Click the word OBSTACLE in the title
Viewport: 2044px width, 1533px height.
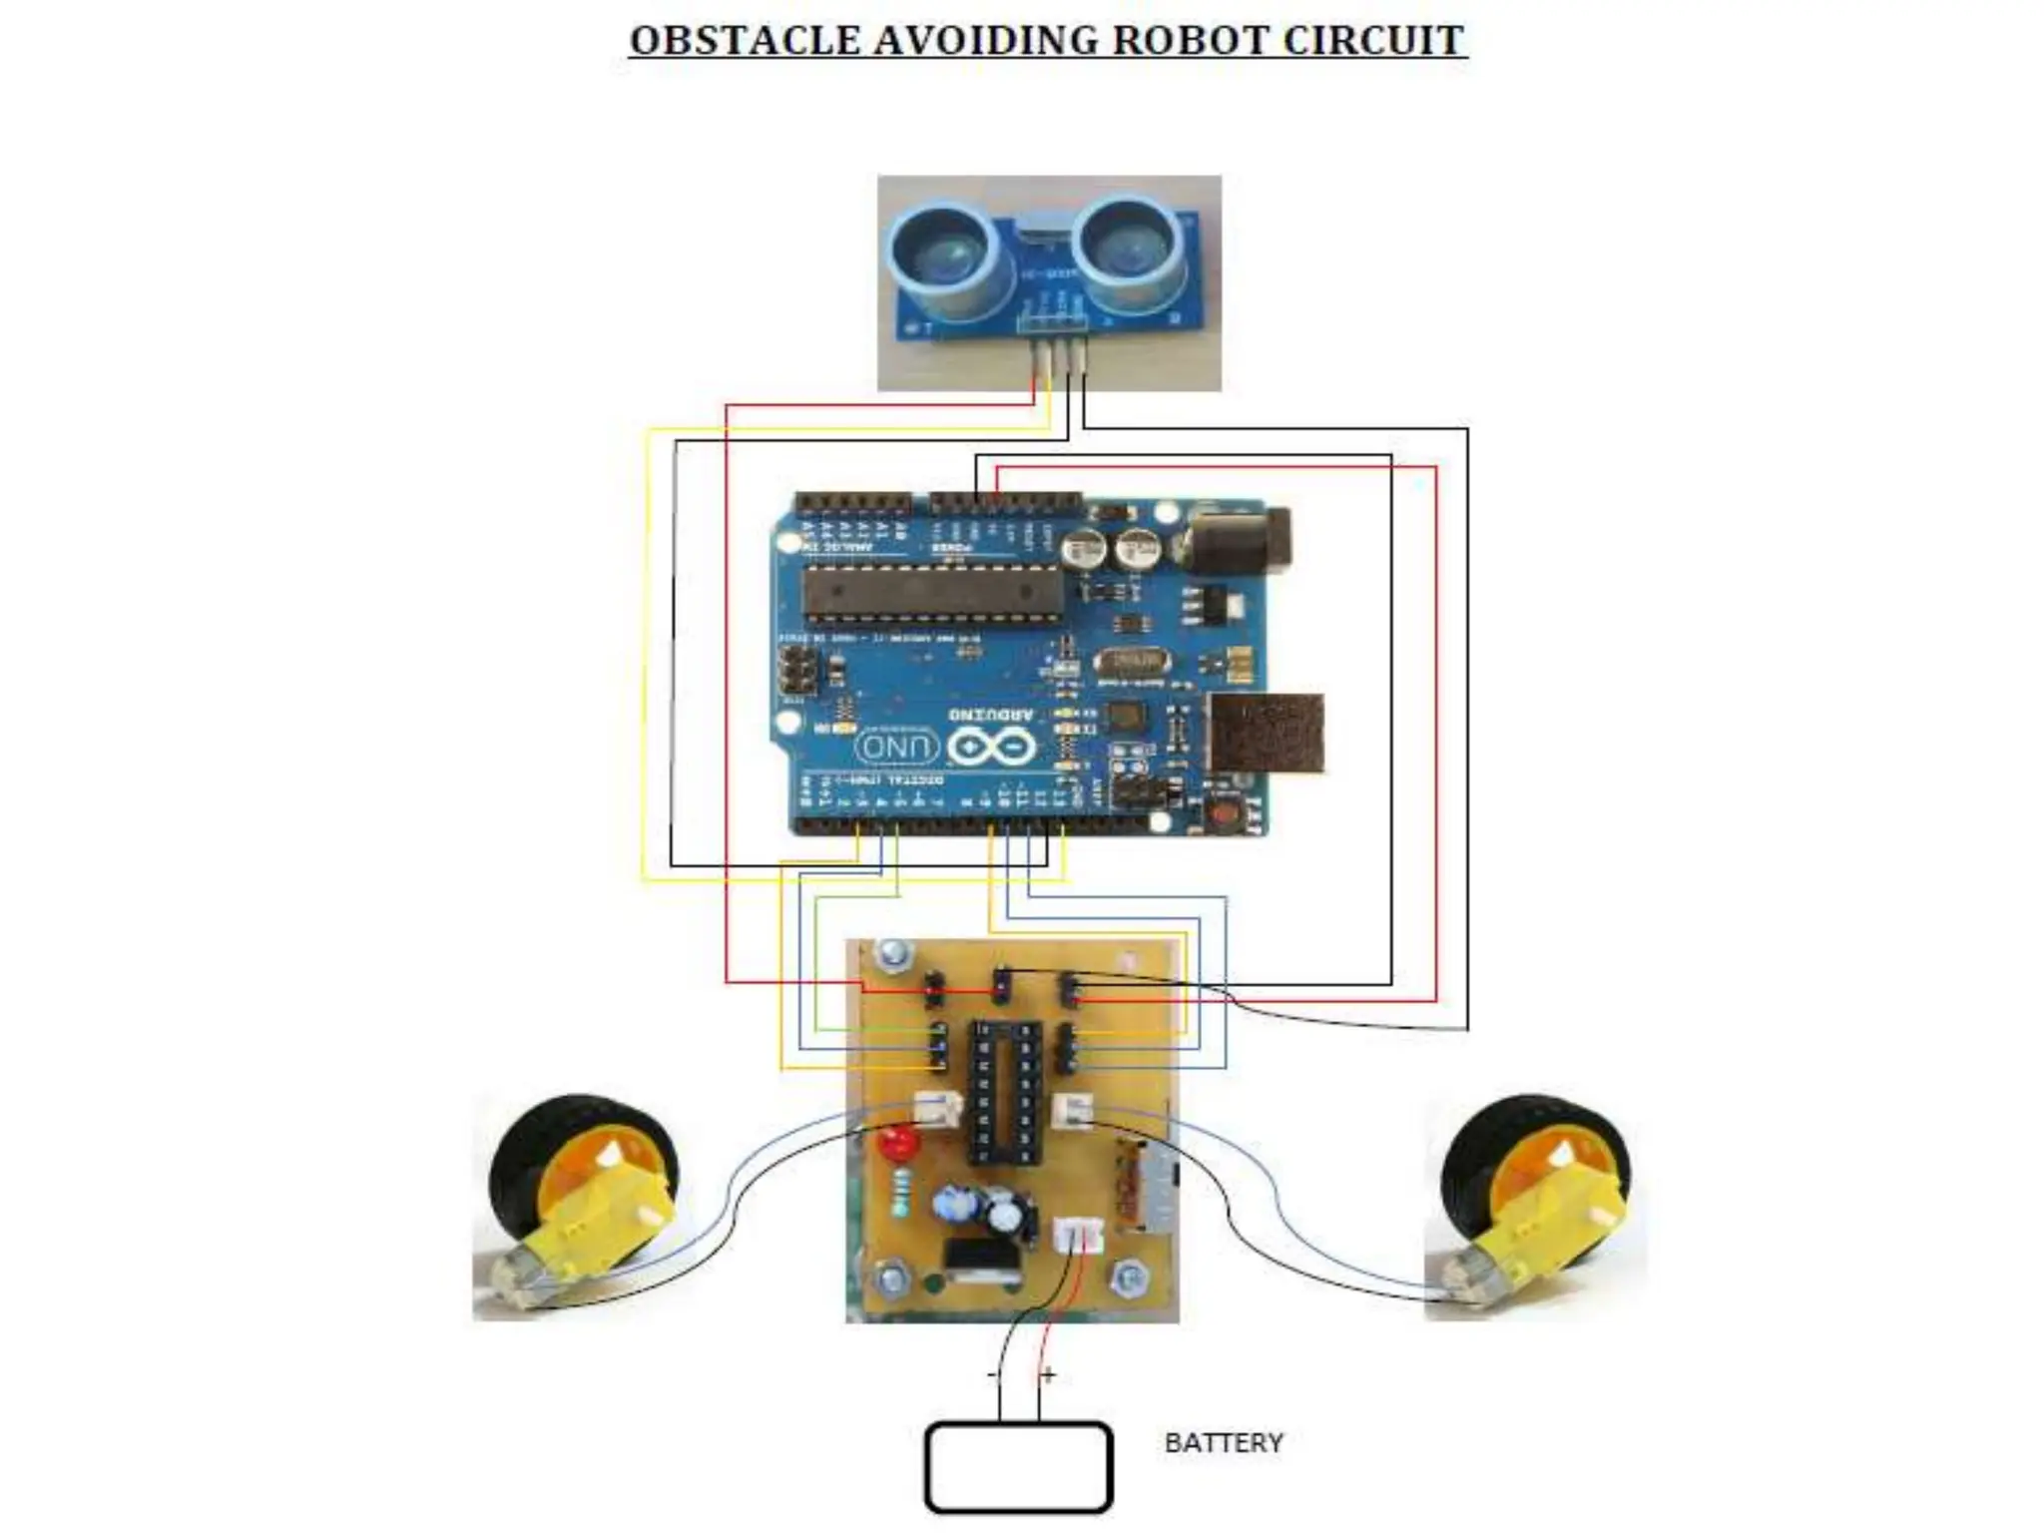point(745,41)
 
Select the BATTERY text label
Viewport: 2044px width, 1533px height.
point(1224,1443)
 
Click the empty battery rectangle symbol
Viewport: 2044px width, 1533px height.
point(1018,1467)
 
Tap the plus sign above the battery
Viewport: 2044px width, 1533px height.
point(1048,1376)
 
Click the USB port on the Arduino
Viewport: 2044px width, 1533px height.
point(1267,733)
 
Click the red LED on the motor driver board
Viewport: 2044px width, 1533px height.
point(898,1142)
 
